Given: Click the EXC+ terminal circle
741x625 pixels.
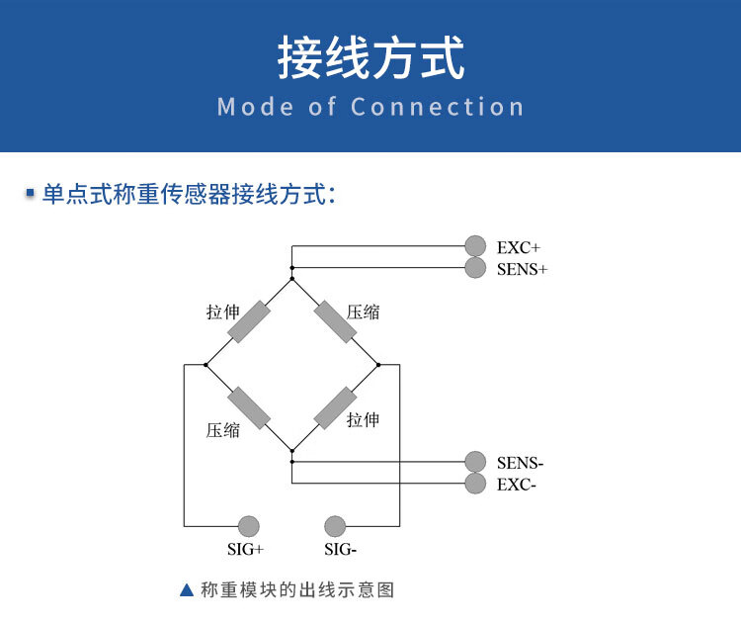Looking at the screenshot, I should [476, 246].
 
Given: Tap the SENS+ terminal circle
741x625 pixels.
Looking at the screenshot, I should [476, 268].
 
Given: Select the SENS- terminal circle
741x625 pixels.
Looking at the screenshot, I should [476, 462].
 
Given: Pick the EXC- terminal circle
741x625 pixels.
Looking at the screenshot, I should [476, 484].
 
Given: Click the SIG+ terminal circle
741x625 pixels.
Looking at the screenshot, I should [249, 526].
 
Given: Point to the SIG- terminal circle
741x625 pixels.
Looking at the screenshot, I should [335, 526].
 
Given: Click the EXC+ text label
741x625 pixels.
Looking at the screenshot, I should [519, 247].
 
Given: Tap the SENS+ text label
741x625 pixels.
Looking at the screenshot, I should [522, 269].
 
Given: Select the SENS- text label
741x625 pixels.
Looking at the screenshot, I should [521, 463].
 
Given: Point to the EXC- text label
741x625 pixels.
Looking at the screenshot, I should [517, 485].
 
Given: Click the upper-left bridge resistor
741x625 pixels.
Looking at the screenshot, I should [249, 321].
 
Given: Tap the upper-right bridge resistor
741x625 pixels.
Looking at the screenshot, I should [336, 321].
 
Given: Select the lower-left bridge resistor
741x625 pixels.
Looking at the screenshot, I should [249, 407].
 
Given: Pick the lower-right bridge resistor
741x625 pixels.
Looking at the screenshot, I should [336, 407].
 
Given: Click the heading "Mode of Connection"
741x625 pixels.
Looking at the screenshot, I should [370, 107].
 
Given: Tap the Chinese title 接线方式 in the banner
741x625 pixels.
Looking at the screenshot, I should [370, 59].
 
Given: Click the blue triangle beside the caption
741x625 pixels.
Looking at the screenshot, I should [187, 590].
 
